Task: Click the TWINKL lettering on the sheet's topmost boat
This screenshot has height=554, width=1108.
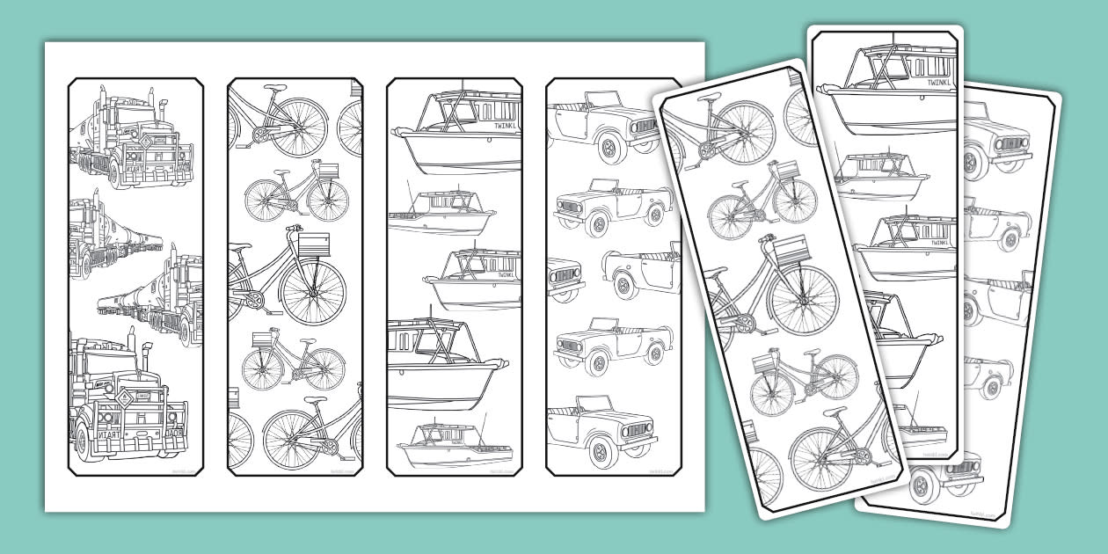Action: click(496, 126)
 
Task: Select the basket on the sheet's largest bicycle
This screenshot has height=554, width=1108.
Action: click(312, 243)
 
